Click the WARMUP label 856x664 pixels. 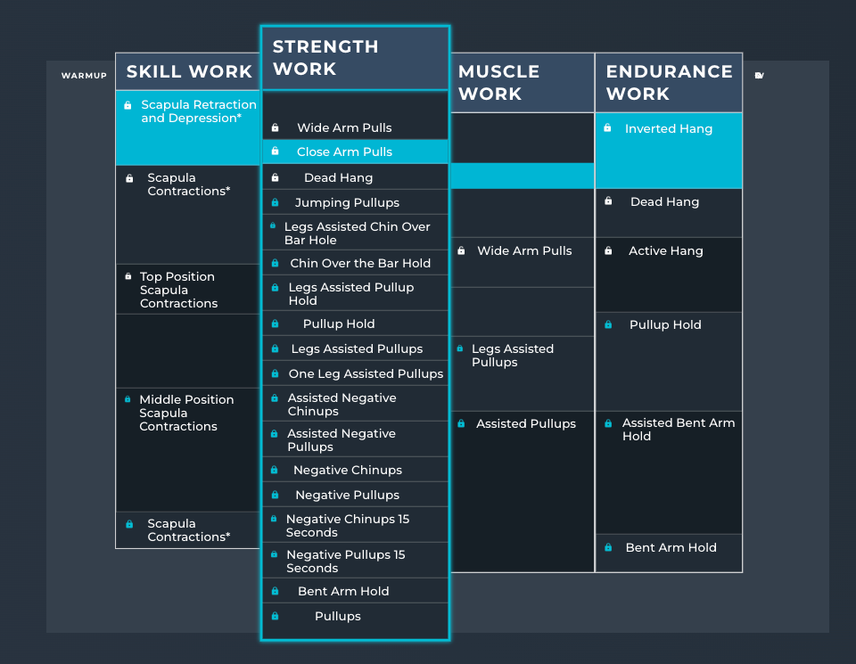point(84,76)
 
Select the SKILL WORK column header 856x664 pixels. point(189,72)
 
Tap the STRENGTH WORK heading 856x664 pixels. point(325,58)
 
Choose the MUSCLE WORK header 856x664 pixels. point(498,83)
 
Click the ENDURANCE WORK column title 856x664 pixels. point(669,83)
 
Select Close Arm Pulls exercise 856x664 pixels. point(344,152)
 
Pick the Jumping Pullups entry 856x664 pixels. point(347,202)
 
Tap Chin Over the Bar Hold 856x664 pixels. point(360,263)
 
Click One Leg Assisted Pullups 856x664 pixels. point(366,373)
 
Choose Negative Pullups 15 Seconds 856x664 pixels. point(345,561)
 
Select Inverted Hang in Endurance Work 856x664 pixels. point(668,128)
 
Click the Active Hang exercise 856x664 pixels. point(665,250)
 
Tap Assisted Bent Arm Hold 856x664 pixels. point(678,429)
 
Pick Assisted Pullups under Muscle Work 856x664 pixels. point(525,423)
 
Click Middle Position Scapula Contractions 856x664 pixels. point(186,413)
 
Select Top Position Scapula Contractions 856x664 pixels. point(177,290)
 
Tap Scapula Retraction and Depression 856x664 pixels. point(198,111)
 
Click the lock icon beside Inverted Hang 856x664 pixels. point(607,128)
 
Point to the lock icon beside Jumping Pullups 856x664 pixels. point(275,202)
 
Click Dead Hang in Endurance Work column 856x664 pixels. point(664,201)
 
